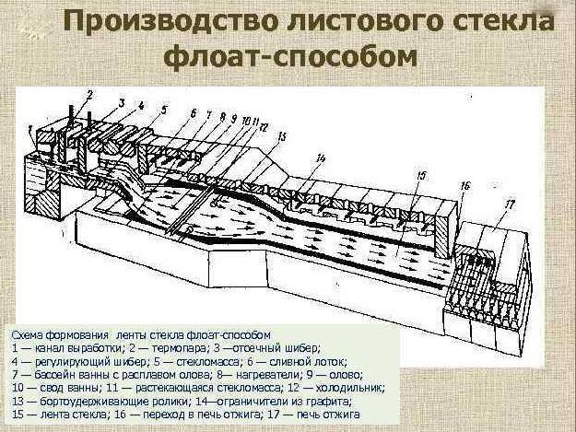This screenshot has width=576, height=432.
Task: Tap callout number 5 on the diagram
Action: coord(164,109)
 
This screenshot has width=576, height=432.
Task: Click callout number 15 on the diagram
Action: coord(420,174)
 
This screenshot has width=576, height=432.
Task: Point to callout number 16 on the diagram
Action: coord(464,185)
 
